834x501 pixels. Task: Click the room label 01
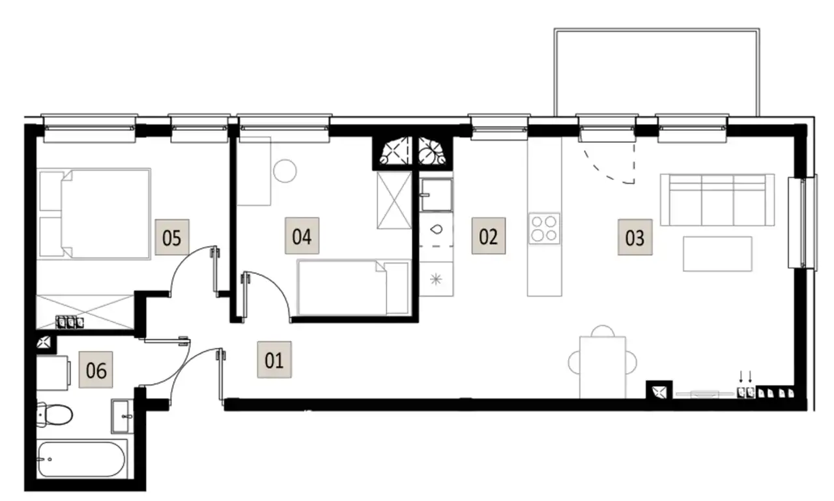(x=274, y=359)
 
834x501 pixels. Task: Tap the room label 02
(x=489, y=236)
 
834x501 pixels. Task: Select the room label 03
(x=635, y=237)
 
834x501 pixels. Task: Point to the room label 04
(x=302, y=236)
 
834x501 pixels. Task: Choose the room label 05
(x=172, y=237)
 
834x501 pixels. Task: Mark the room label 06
(x=96, y=370)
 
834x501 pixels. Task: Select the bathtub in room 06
(x=82, y=459)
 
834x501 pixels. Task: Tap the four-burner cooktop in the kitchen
(x=544, y=228)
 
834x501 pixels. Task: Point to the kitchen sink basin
(x=437, y=195)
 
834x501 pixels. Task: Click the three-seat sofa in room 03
(x=717, y=200)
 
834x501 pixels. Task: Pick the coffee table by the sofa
(x=717, y=254)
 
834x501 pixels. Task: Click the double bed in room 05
(x=94, y=213)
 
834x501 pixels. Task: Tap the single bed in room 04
(x=353, y=288)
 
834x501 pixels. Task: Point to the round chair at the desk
(x=285, y=171)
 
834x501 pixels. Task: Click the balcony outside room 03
(x=657, y=72)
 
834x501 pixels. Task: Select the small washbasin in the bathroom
(x=122, y=416)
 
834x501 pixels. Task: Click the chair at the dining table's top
(x=603, y=331)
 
